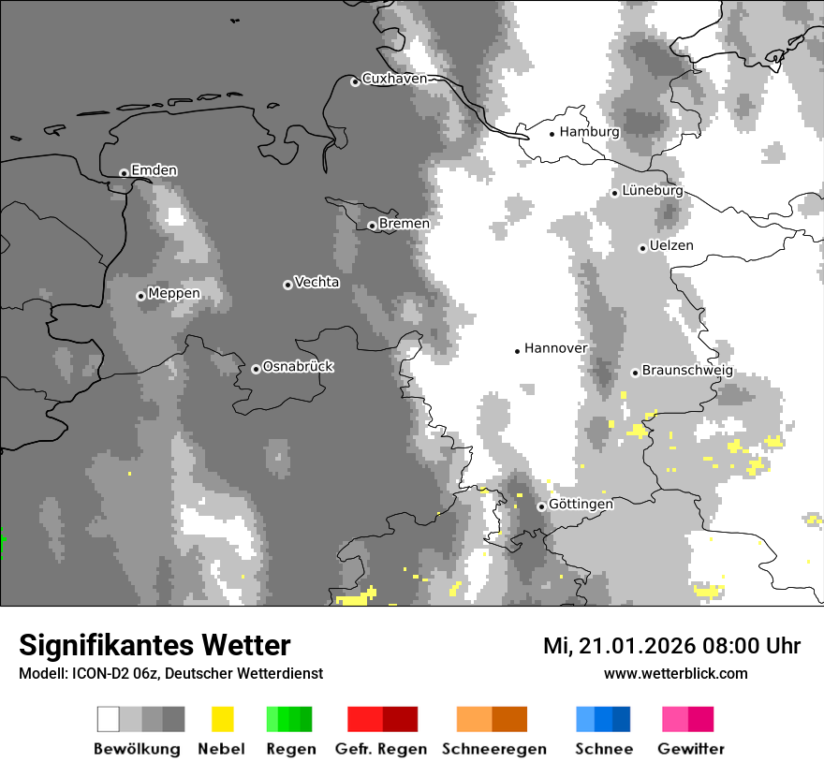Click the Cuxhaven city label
coord(394,79)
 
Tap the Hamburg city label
coord(589,132)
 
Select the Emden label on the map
coord(154,170)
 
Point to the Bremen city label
coord(405,224)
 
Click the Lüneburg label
coord(652,191)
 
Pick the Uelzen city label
coord(671,246)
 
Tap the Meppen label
coord(174,294)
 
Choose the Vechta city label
coord(316,283)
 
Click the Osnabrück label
coord(298,367)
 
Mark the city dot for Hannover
coord(517,351)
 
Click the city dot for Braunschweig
coord(635,373)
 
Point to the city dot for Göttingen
coord(541,506)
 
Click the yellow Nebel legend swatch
coord(222,719)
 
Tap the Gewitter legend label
coord(691,749)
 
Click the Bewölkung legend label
coord(137,749)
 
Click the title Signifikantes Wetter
coord(154,645)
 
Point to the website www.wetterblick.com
coord(675,674)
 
